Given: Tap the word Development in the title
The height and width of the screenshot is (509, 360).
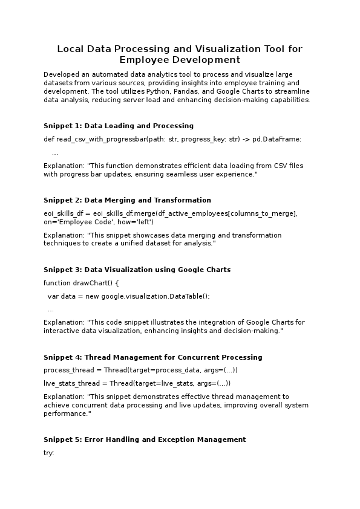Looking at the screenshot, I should tap(206, 60).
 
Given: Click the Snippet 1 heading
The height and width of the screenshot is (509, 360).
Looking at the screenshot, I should tap(119, 126).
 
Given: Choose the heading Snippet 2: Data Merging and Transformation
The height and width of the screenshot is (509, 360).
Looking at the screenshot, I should tap(127, 200).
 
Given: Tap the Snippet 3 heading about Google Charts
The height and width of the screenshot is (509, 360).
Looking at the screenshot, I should tap(137, 270).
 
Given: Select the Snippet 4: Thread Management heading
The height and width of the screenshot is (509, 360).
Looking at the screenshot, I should tap(152, 357).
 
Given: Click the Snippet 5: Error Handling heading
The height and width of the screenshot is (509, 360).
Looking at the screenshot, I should tap(145, 439).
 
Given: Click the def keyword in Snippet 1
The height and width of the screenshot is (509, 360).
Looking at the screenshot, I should tap(48, 139).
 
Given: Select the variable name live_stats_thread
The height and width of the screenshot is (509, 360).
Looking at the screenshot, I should tap(67, 383).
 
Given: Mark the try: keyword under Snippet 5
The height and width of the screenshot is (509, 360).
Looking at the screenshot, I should tap(49, 453).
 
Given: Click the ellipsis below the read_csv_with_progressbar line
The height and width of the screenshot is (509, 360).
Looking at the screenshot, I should tap(55, 153).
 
